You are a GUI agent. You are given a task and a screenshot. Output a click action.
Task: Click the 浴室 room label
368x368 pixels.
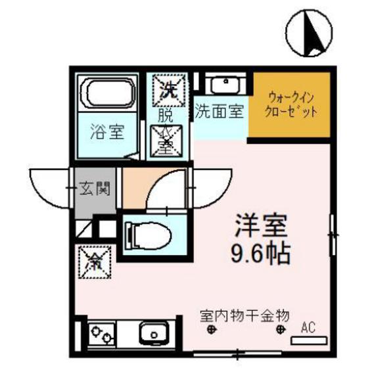[106, 131]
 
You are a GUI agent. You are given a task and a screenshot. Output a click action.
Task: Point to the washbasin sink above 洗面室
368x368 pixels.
[225, 85]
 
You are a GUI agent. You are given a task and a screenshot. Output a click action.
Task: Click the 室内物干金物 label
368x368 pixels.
[244, 315]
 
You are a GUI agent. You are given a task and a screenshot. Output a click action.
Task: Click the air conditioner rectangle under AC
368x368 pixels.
[308, 339]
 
